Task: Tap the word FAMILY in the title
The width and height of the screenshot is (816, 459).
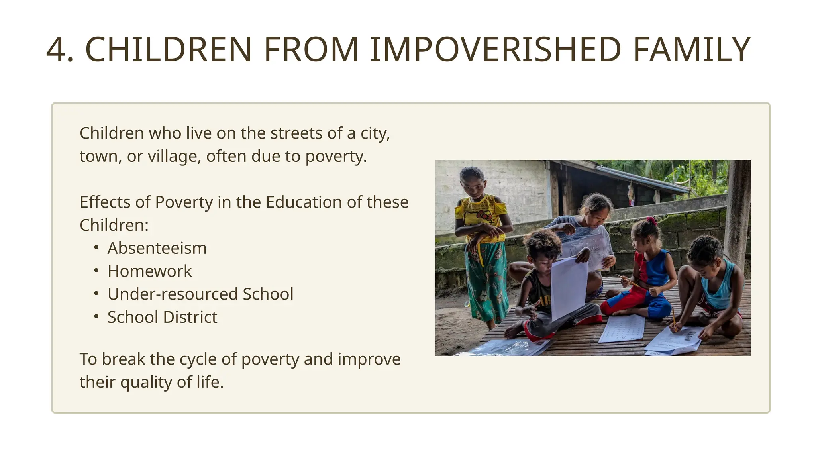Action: click(x=692, y=50)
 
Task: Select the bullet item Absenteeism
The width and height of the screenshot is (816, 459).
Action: click(x=157, y=248)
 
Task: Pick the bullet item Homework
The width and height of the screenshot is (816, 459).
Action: click(x=149, y=271)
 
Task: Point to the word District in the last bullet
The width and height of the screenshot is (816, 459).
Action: click(x=190, y=317)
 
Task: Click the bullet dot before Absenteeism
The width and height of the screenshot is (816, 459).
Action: click(x=96, y=248)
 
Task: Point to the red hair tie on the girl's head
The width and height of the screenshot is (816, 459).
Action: click(x=651, y=220)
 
